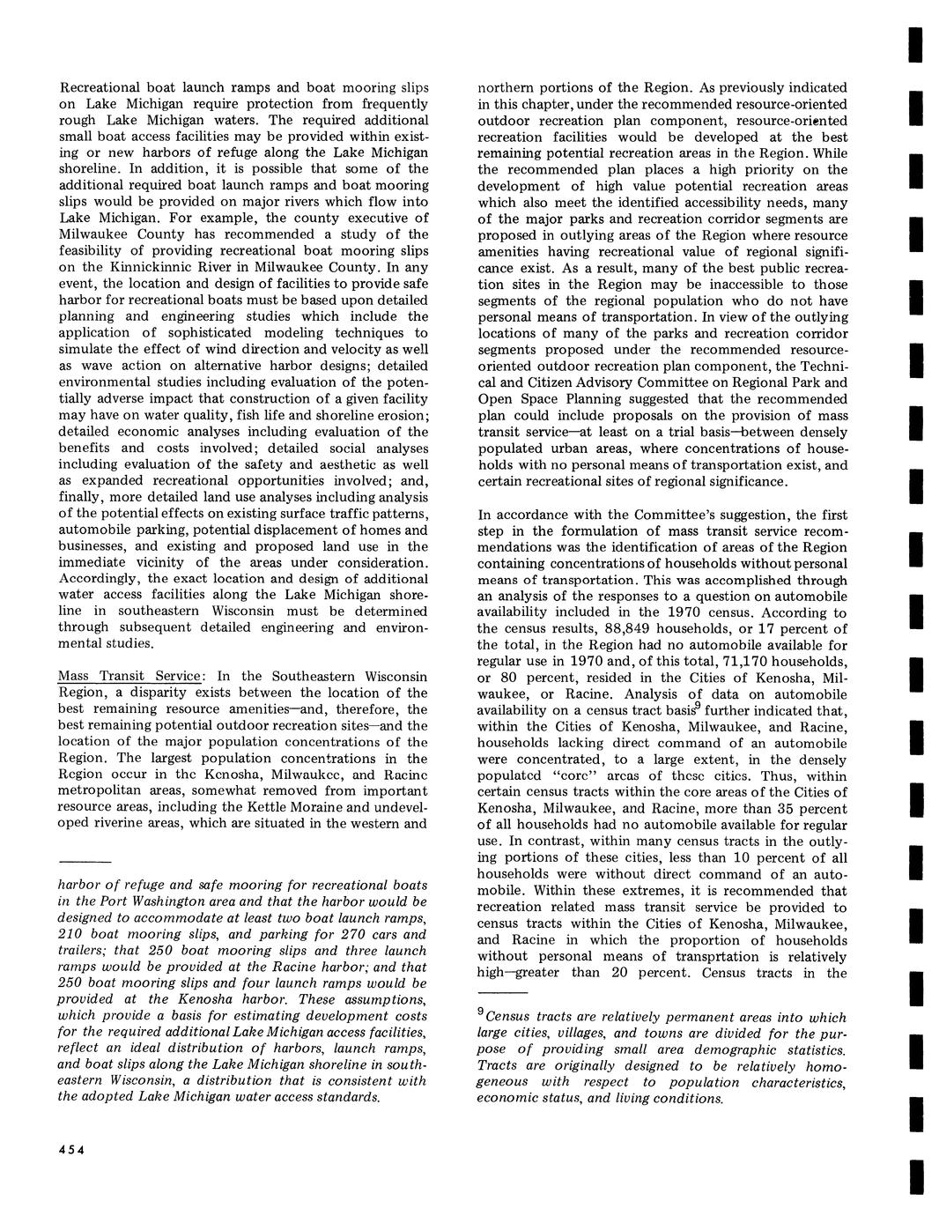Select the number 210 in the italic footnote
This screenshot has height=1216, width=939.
pyautogui.click(x=72, y=934)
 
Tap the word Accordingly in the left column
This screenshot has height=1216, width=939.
pyautogui.click(x=99, y=579)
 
